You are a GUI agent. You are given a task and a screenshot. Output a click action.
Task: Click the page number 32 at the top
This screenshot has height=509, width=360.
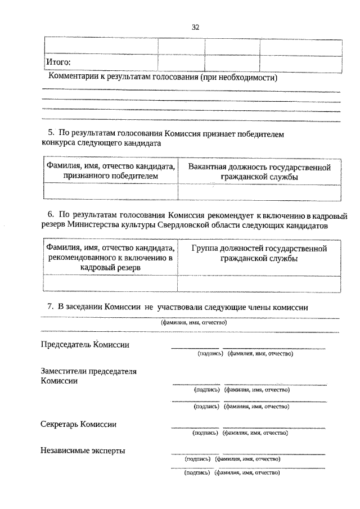click(x=195, y=27)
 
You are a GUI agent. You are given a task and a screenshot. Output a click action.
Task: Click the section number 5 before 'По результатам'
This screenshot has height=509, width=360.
click(x=49, y=133)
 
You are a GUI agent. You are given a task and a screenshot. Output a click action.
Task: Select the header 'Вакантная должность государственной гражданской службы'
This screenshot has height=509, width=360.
click(x=259, y=172)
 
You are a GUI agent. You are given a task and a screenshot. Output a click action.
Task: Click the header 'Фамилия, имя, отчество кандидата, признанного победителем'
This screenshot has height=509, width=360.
click(x=111, y=172)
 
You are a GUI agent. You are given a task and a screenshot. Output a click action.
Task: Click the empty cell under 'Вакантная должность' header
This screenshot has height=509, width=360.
click(x=259, y=192)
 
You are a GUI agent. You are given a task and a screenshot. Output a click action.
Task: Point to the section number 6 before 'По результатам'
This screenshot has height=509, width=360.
click(x=49, y=215)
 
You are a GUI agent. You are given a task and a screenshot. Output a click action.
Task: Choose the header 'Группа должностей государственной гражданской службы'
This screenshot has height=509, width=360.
click(x=259, y=253)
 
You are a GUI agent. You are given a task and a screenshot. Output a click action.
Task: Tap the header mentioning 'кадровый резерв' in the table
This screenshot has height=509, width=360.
click(x=110, y=258)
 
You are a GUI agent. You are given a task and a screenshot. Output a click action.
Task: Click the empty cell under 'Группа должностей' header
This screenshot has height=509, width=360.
click(x=259, y=283)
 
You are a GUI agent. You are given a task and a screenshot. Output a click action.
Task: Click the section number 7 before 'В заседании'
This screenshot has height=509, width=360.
click(x=49, y=307)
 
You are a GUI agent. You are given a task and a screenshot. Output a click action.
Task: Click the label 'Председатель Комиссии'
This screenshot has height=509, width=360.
click(x=85, y=344)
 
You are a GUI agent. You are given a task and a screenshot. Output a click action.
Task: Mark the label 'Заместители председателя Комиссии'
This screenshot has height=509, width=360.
click(x=89, y=376)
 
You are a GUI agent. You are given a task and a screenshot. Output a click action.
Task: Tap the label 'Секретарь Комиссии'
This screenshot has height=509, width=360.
click(x=79, y=424)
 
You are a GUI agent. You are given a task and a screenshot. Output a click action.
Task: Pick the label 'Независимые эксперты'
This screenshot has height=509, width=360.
click(x=83, y=451)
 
